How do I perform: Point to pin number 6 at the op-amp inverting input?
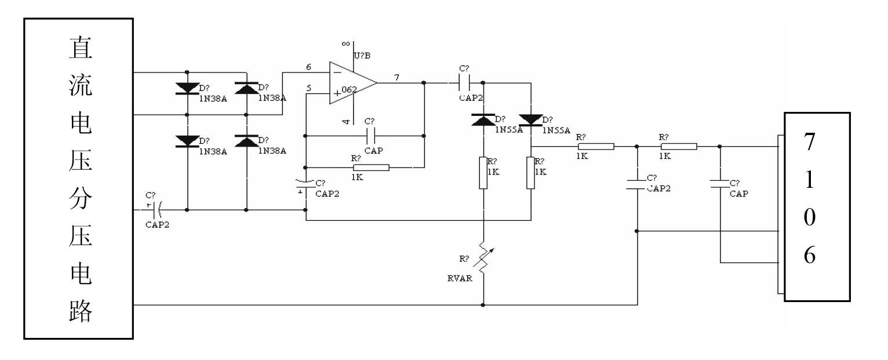tap(308, 67)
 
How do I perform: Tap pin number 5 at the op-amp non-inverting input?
tap(308, 89)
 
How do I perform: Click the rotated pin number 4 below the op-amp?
tap(345, 121)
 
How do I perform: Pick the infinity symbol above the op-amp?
tap(345, 43)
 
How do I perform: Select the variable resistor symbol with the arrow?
tap(483, 257)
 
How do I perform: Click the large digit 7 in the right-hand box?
tap(809, 144)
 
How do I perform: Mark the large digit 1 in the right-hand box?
tap(809, 180)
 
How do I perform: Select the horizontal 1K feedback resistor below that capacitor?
tap(371, 168)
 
